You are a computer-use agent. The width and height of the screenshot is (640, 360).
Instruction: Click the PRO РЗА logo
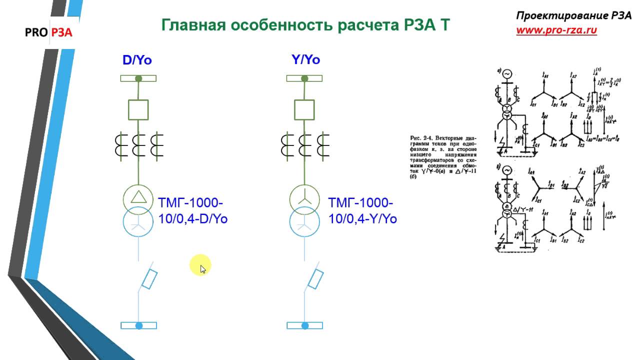(x=49, y=33)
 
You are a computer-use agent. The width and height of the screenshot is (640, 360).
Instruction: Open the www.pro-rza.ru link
(x=556, y=30)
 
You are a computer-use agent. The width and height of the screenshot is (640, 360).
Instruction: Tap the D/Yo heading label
(x=137, y=60)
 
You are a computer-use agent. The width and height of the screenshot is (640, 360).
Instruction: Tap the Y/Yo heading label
(x=305, y=60)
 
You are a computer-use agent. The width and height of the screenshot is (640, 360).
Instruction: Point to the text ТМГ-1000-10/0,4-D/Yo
(x=192, y=210)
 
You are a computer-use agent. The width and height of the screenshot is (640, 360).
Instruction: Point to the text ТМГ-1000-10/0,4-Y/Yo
(x=362, y=210)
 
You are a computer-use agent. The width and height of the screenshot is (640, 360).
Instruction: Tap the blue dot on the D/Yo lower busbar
(x=139, y=325)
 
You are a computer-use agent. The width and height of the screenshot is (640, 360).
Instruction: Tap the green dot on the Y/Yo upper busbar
(x=304, y=78)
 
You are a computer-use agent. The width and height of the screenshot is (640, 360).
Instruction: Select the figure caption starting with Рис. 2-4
(x=443, y=157)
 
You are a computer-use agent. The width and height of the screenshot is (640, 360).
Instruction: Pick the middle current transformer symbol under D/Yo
(x=138, y=144)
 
